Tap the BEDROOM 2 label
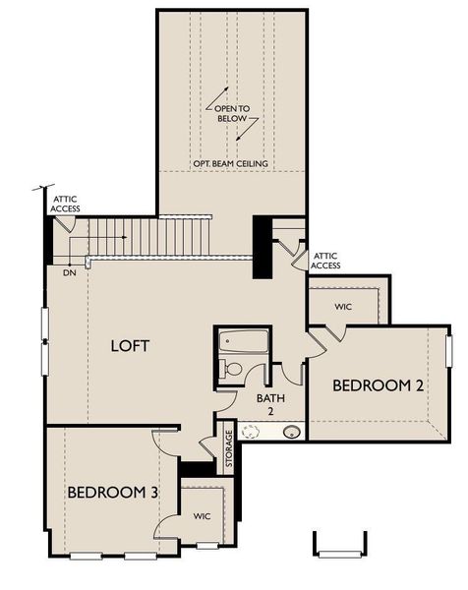point(378,385)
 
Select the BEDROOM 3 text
point(107,492)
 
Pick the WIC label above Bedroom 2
point(342,307)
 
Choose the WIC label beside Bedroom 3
point(202,516)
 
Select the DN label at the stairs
point(69,271)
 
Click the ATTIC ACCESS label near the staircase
point(66,205)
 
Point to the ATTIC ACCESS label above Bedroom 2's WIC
point(325,261)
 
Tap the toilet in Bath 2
point(230,369)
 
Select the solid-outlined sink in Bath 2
point(291,431)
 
